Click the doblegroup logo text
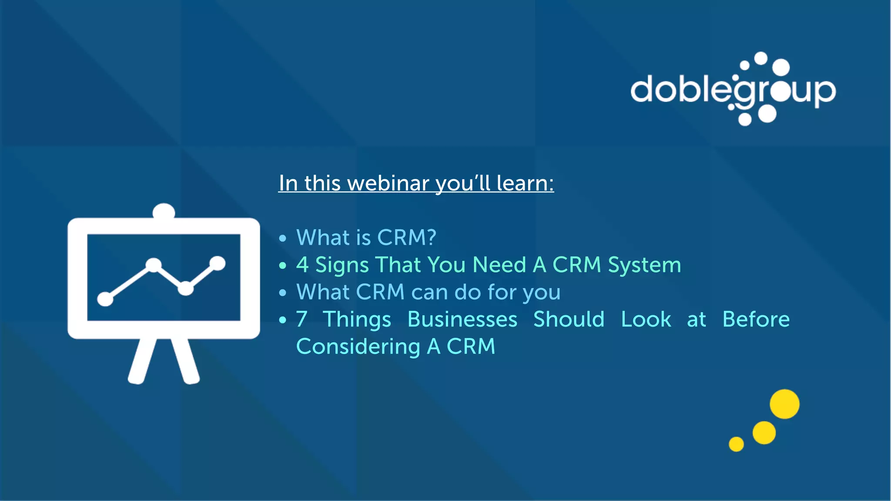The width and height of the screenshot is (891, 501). [x=733, y=90]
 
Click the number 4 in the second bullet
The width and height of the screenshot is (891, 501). [x=302, y=265]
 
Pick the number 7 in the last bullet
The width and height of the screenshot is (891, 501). [x=301, y=319]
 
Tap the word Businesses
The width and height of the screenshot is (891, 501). [x=462, y=319]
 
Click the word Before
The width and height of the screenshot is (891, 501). [x=756, y=319]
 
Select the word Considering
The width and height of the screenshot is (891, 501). [x=358, y=347]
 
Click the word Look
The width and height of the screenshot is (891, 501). [x=646, y=319]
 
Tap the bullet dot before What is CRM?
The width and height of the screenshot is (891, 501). [x=283, y=238]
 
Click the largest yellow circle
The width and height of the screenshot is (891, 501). [x=784, y=404]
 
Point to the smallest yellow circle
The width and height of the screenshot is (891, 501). [x=736, y=444]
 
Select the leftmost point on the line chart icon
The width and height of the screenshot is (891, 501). [x=105, y=299]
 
